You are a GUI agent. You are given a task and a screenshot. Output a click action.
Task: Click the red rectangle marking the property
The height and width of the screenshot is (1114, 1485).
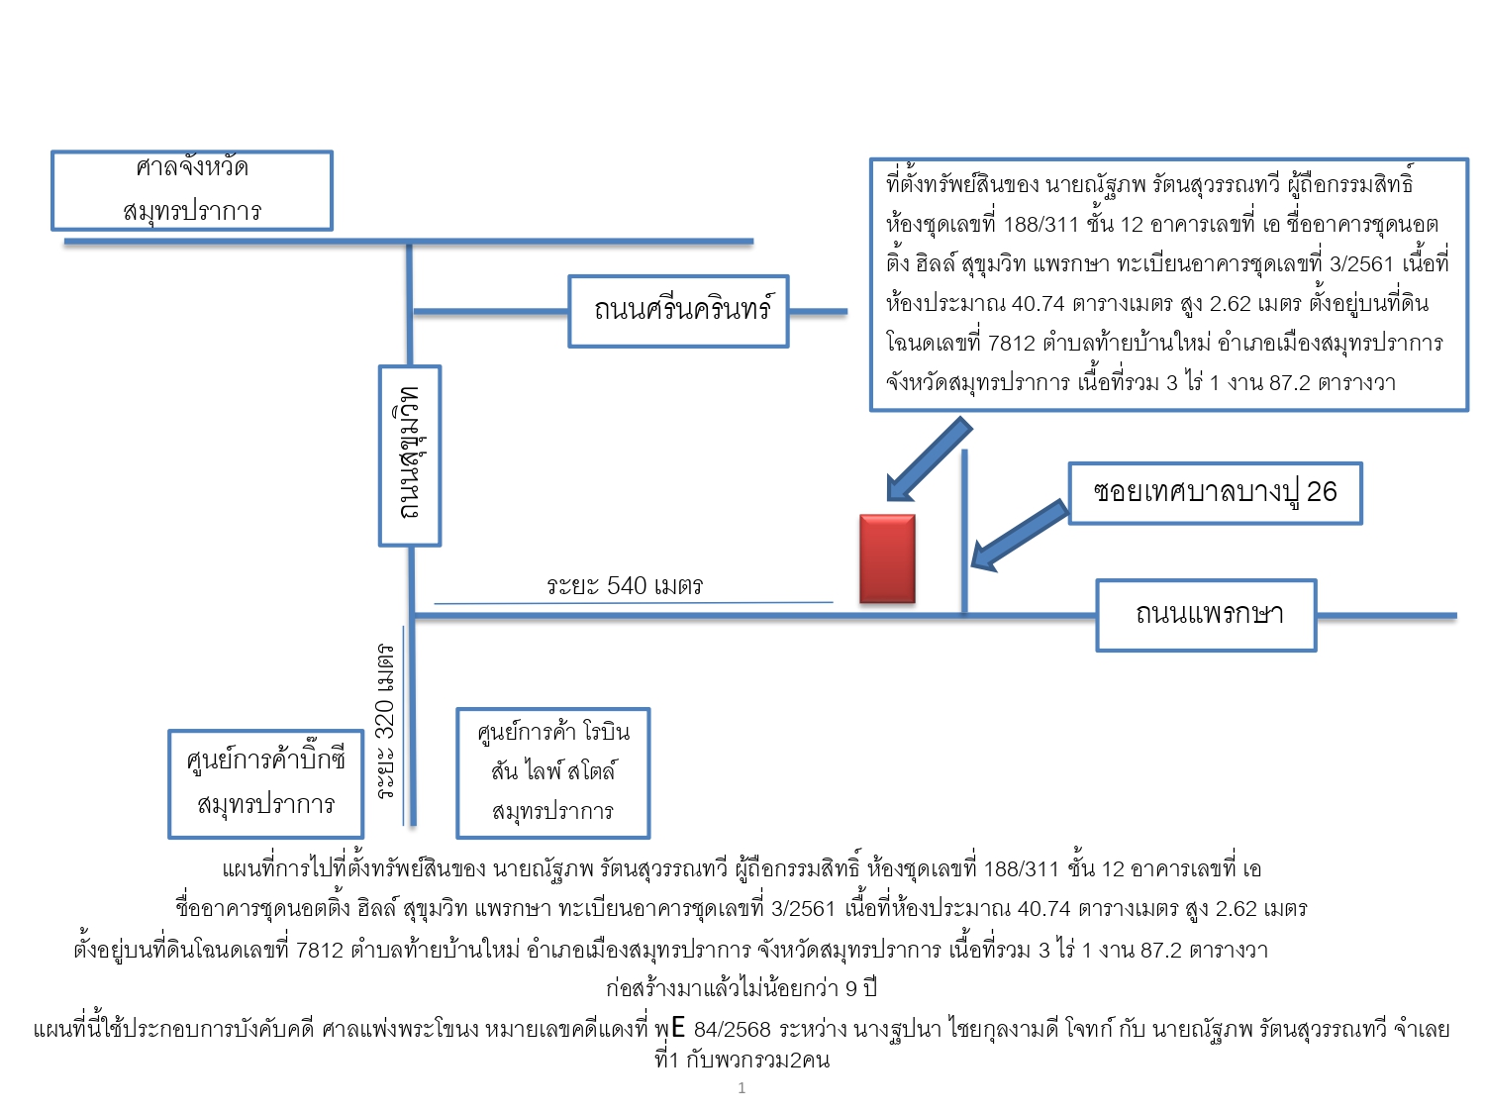point(887,558)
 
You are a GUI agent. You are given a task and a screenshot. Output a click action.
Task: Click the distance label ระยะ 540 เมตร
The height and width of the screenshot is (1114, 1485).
point(625,586)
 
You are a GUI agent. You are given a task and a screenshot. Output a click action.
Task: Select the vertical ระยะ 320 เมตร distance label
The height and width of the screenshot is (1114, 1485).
point(385,721)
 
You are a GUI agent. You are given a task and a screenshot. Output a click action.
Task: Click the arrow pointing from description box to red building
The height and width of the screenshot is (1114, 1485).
point(929,459)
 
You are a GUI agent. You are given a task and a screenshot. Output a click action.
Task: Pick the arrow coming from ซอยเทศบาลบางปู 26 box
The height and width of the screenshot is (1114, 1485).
point(1020,536)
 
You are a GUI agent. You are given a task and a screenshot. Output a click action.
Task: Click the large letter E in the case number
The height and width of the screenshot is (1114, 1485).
point(678,1028)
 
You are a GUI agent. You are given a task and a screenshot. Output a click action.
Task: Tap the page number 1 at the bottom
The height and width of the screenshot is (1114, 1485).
point(742,1087)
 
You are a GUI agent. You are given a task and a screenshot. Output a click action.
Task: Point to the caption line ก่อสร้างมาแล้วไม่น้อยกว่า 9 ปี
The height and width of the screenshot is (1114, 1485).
point(742,988)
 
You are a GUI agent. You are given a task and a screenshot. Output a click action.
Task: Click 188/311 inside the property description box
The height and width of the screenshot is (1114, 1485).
point(1040,224)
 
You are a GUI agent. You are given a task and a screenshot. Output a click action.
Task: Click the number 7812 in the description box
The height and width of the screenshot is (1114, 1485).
point(1012,344)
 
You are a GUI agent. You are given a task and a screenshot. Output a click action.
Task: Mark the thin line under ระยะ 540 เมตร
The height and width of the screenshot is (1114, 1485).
point(634,602)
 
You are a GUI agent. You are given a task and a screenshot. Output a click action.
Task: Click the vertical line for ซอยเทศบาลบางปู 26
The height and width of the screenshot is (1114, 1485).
point(964,532)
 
